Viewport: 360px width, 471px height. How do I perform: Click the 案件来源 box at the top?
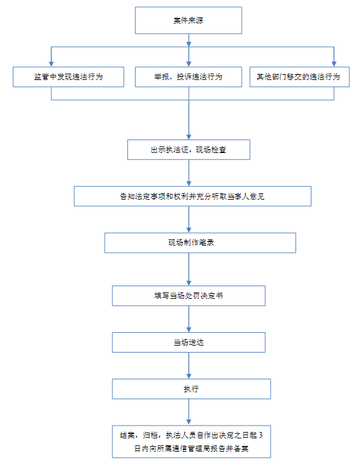[x=188, y=20]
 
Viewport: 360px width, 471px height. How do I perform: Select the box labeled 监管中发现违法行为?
[x=68, y=77]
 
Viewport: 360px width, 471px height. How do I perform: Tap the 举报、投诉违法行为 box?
[x=188, y=77]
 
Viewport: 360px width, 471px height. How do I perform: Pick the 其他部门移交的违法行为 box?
[x=299, y=77]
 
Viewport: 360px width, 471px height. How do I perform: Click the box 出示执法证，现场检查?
[x=189, y=150]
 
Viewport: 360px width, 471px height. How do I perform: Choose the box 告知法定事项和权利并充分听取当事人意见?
[x=192, y=196]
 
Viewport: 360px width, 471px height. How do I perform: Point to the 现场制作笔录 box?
[x=200, y=243]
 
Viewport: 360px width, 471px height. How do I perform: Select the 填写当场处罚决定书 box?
[x=189, y=296]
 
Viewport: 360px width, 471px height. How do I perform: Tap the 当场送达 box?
[x=189, y=342]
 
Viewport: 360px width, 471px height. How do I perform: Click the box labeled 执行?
[x=191, y=389]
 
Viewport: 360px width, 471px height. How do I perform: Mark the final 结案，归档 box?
[x=191, y=442]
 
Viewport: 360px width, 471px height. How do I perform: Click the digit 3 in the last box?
[x=261, y=435]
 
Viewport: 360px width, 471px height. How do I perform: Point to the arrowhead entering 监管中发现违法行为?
[x=51, y=64]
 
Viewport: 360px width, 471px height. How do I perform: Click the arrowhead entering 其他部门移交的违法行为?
[x=334, y=64]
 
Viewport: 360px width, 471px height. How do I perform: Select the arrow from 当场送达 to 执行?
[x=189, y=365]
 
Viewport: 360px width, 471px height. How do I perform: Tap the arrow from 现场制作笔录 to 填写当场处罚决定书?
[x=189, y=269]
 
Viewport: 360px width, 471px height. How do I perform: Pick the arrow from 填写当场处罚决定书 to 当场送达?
[x=189, y=319]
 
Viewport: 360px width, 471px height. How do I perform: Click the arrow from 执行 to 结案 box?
[x=189, y=412]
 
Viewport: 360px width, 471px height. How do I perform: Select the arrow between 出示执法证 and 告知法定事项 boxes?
[x=189, y=173]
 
